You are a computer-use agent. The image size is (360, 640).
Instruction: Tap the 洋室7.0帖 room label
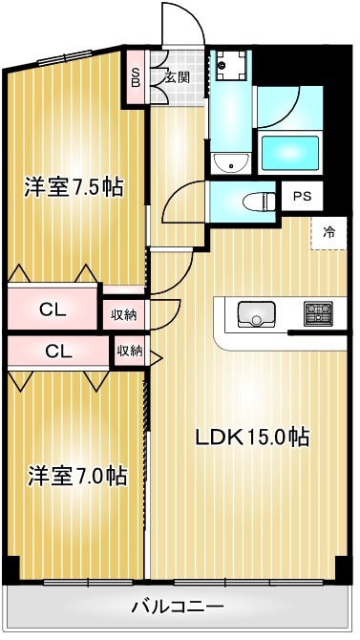(x=76, y=474)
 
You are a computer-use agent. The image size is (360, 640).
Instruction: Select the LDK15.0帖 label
(x=252, y=437)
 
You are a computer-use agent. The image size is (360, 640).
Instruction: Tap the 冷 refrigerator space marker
(x=328, y=231)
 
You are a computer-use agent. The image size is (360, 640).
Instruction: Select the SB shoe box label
(x=136, y=76)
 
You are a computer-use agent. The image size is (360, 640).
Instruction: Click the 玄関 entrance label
(x=176, y=77)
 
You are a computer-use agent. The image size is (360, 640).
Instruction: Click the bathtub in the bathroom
(x=290, y=152)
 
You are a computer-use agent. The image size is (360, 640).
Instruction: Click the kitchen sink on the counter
(x=254, y=312)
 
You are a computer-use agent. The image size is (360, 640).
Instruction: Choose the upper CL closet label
(x=53, y=309)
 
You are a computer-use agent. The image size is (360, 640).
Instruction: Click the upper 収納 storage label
(x=123, y=314)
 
